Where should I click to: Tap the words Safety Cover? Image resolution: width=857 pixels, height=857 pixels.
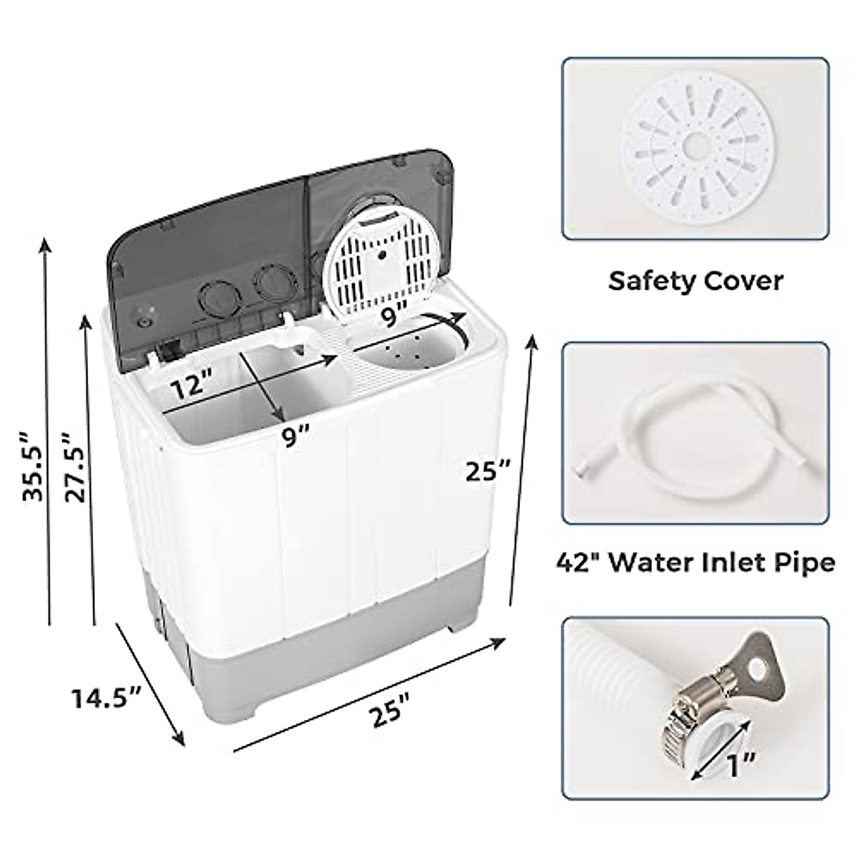pyautogui.click(x=695, y=281)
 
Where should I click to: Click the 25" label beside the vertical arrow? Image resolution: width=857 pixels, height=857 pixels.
pyautogui.click(x=488, y=471)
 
